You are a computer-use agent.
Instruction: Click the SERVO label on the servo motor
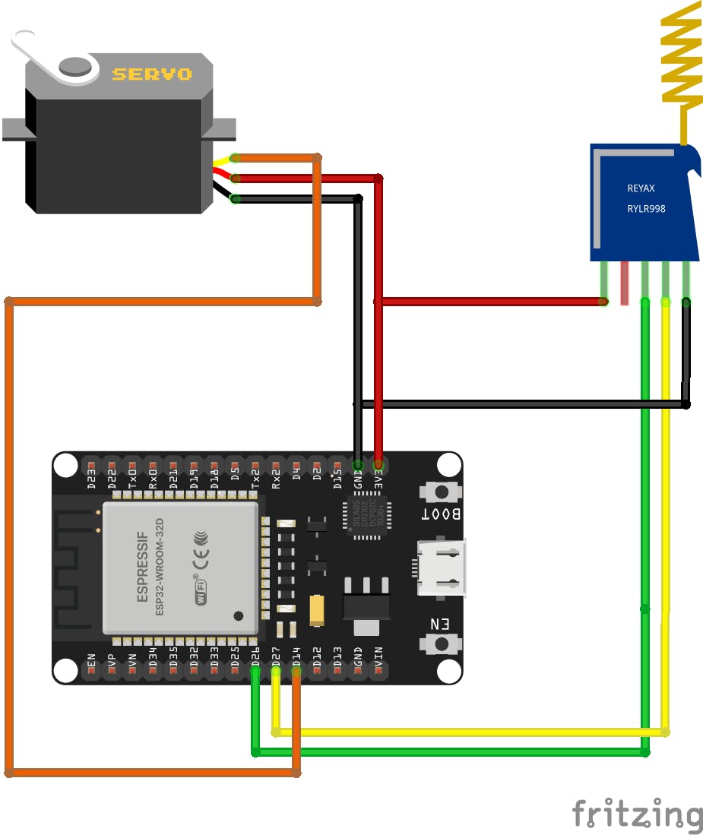152,74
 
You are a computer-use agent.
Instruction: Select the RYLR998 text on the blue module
646,208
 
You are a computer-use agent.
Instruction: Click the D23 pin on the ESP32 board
91,465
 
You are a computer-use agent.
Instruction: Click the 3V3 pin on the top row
378,464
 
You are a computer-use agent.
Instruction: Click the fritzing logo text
637,814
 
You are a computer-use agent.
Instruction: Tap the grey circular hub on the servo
76,66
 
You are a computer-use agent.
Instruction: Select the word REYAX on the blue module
641,188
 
